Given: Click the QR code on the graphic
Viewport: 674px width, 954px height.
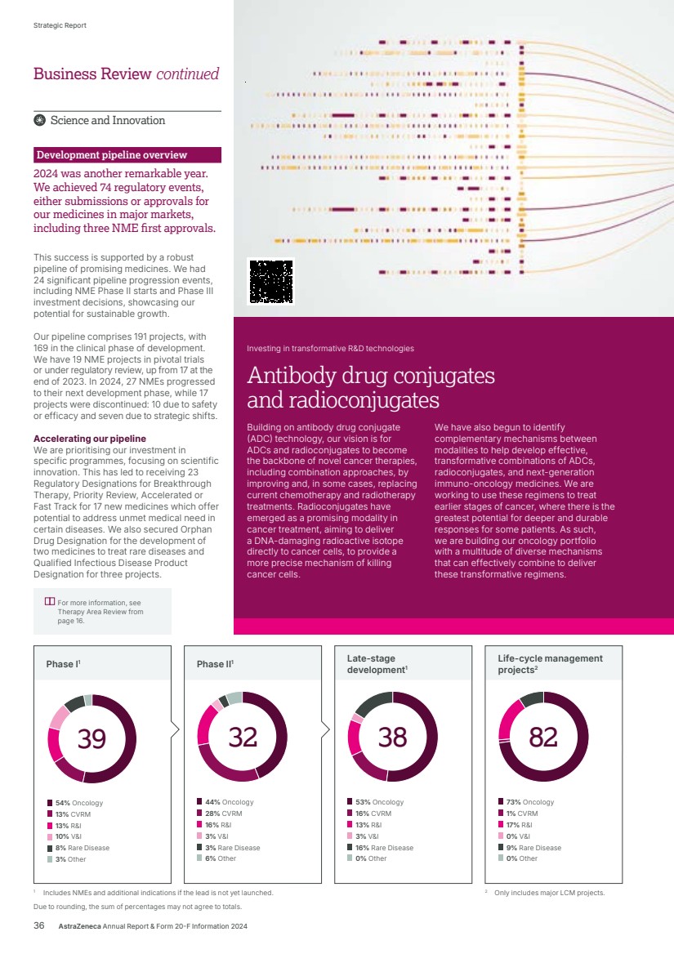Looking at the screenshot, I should click(270, 281).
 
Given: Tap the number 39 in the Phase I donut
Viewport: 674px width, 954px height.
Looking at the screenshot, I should click(92, 738).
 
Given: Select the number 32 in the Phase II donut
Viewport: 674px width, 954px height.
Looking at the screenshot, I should click(243, 737).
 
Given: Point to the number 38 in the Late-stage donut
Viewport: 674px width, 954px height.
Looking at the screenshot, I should click(393, 737).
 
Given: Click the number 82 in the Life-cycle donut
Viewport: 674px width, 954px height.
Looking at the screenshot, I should click(543, 737).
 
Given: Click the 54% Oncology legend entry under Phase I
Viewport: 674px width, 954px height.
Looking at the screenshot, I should click(79, 803).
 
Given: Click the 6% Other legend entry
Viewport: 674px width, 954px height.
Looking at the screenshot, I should click(221, 858).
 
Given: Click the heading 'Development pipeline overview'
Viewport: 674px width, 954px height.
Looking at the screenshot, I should click(112, 155).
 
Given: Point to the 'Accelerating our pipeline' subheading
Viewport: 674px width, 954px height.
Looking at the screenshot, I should click(90, 439).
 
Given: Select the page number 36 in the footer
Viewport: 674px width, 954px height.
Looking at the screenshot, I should click(38, 926).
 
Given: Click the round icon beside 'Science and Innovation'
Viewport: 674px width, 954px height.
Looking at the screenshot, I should click(39, 121).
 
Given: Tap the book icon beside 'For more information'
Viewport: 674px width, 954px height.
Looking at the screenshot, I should click(50, 602).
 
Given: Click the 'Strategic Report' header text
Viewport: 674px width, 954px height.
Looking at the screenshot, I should click(60, 25).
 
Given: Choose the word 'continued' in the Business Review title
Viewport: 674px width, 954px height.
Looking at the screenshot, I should click(188, 74).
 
